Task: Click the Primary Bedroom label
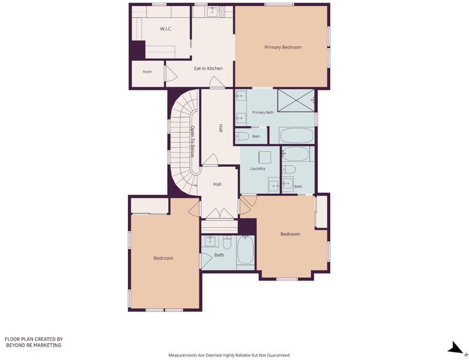click(283, 47)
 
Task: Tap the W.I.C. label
click(166, 29)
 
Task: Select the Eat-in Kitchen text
click(208, 68)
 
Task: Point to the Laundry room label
click(258, 169)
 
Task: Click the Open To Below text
click(193, 142)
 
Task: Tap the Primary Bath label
click(262, 112)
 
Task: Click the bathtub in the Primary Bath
click(297, 136)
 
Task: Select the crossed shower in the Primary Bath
click(296, 100)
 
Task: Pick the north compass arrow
click(456, 349)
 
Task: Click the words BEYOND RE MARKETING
click(34, 345)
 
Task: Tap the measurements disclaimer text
click(229, 355)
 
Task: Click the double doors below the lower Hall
click(220, 214)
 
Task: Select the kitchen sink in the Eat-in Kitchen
click(213, 12)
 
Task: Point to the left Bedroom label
click(163, 258)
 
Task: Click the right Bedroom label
click(290, 234)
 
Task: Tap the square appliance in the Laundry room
click(265, 157)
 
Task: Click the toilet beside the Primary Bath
click(243, 137)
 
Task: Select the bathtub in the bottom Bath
click(245, 250)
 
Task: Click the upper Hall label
click(221, 128)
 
